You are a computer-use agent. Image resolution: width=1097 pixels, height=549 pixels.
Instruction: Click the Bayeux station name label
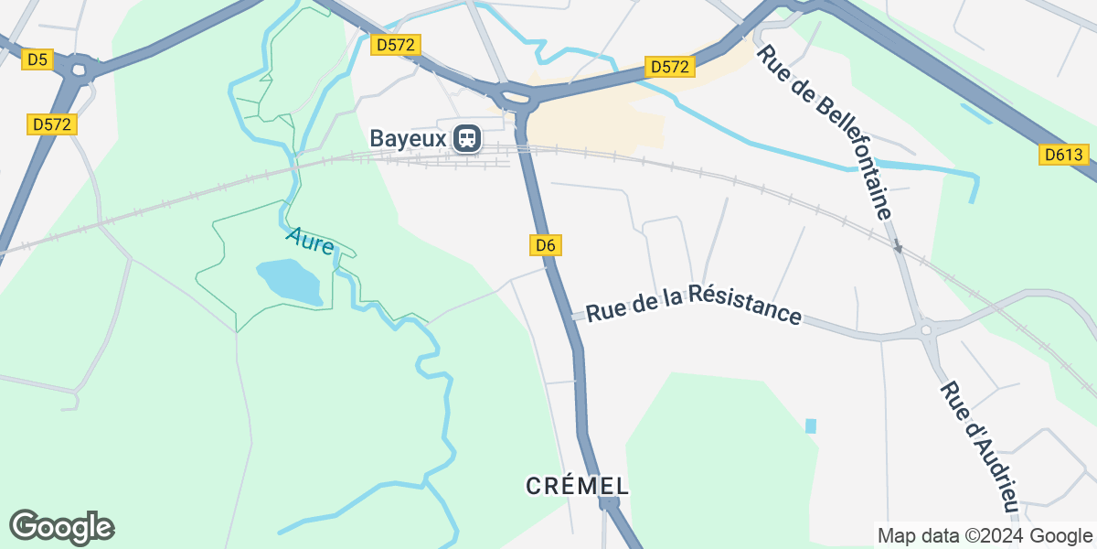(x=408, y=138)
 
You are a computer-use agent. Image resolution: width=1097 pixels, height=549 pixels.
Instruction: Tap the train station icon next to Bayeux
(x=467, y=138)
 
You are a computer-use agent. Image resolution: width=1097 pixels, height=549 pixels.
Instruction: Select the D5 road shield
(x=37, y=59)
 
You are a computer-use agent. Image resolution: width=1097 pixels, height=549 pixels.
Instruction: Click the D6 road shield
(x=546, y=244)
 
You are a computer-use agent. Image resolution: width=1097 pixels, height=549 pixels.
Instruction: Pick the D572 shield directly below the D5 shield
(x=52, y=124)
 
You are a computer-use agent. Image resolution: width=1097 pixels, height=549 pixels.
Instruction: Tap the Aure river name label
(x=310, y=242)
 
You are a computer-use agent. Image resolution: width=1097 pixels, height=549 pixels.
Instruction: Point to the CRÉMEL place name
(x=578, y=486)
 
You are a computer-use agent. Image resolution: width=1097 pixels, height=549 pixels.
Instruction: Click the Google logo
(x=61, y=528)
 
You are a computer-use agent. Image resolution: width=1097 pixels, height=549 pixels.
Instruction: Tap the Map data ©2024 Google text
(x=984, y=535)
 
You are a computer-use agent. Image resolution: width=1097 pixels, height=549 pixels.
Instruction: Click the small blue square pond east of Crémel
(x=810, y=425)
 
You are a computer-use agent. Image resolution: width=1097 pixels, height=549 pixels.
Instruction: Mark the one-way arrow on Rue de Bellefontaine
(x=898, y=246)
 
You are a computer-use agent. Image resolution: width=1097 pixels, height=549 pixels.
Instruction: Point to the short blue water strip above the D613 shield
(x=976, y=113)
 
